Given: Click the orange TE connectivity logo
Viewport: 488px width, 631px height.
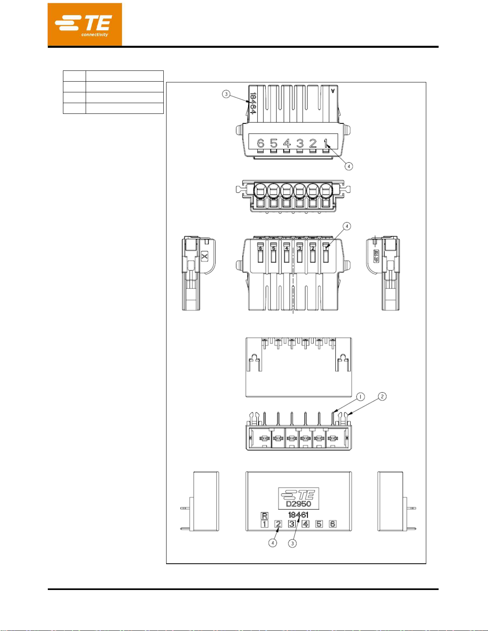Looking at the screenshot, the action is coord(84,25).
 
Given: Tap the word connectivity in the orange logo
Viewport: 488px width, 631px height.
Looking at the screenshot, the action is coord(95,35).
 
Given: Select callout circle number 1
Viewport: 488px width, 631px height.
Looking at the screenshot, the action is coord(360,397).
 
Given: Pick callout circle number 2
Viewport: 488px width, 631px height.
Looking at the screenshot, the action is coord(382,396).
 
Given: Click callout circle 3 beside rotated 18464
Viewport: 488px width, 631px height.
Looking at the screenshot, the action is coord(226,94).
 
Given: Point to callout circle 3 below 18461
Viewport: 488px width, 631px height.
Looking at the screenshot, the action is coord(292,543).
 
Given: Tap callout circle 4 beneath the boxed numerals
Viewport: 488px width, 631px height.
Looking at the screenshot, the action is coord(272,543).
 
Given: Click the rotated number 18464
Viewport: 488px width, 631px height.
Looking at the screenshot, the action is coord(253,103).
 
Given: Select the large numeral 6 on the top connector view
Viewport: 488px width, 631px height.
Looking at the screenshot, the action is coord(261,143).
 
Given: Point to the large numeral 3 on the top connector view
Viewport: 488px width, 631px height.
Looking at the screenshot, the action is coord(300,143).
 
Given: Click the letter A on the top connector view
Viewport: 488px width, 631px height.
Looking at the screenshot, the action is coord(333,90).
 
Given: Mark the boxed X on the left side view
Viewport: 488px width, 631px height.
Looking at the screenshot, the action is coord(204,256).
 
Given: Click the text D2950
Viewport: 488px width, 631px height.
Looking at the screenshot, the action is coord(298,504).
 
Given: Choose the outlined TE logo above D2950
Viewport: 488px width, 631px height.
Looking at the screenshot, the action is coord(298,495).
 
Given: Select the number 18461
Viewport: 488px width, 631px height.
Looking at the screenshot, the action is coord(298,515).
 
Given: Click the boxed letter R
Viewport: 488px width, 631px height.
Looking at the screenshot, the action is coord(265,516).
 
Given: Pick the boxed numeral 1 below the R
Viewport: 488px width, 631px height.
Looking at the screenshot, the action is coord(265,524).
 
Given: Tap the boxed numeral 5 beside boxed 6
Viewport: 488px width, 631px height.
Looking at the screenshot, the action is coord(319,524).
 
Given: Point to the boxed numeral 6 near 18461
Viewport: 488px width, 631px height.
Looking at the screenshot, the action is coord(332,524).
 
